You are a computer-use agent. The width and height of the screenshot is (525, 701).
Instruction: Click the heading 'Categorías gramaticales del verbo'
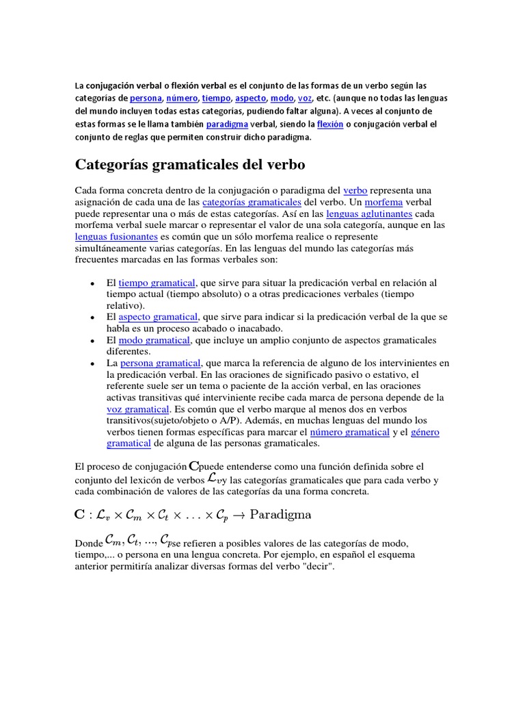click(189, 165)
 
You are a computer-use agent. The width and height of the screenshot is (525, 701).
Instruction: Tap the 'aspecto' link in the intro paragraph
click(250, 99)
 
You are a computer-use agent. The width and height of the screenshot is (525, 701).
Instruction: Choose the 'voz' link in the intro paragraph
click(305, 99)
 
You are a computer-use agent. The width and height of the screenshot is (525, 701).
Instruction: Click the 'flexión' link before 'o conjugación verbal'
click(330, 125)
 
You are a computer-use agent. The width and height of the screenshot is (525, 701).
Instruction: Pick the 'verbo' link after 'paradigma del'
click(355, 190)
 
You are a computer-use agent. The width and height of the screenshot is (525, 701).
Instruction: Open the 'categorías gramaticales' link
click(252, 203)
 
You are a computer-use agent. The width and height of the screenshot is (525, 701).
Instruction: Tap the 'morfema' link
click(383, 203)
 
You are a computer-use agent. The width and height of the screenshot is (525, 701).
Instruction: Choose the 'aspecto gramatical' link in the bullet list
click(158, 317)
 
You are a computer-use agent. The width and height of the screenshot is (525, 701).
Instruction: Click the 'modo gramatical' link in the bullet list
click(154, 340)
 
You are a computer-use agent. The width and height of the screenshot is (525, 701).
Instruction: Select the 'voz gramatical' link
click(137, 409)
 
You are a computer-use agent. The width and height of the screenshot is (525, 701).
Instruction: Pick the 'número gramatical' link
click(349, 432)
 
